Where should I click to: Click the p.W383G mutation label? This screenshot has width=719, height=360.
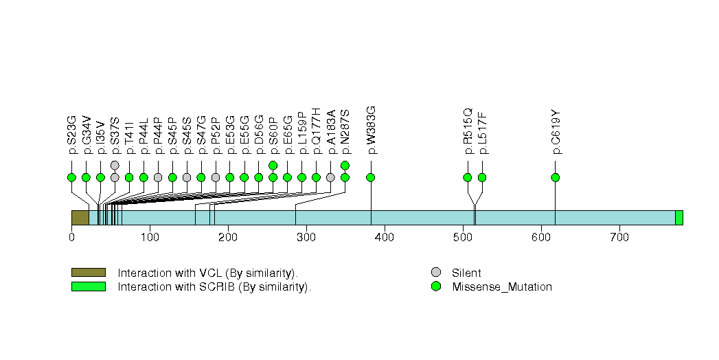point(371,130)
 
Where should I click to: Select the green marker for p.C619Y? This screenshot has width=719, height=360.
point(555,177)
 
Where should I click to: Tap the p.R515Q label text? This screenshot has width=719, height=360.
point(468,130)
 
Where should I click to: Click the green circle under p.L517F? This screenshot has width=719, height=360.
point(482,177)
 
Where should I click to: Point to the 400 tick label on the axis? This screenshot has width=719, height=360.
point(385,238)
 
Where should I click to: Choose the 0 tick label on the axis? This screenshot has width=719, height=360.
point(71,238)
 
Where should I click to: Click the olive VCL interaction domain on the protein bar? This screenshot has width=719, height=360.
point(80,218)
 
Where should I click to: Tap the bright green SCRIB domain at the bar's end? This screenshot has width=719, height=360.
point(678,218)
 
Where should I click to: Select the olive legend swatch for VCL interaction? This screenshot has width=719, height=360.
point(88,273)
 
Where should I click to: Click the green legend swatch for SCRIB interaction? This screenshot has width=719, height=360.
point(88,286)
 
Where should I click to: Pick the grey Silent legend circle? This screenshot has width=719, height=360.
point(435,273)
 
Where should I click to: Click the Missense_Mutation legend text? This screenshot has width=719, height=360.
point(501,287)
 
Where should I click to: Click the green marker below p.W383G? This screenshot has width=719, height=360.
point(371,177)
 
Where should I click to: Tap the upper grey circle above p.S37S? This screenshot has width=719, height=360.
point(115,165)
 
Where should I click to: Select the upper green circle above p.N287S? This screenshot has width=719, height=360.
point(345,165)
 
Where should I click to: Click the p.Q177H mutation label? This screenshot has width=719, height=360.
point(316,131)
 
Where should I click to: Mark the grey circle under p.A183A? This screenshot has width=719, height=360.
point(330,177)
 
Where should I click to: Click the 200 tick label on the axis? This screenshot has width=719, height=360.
point(228,238)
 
